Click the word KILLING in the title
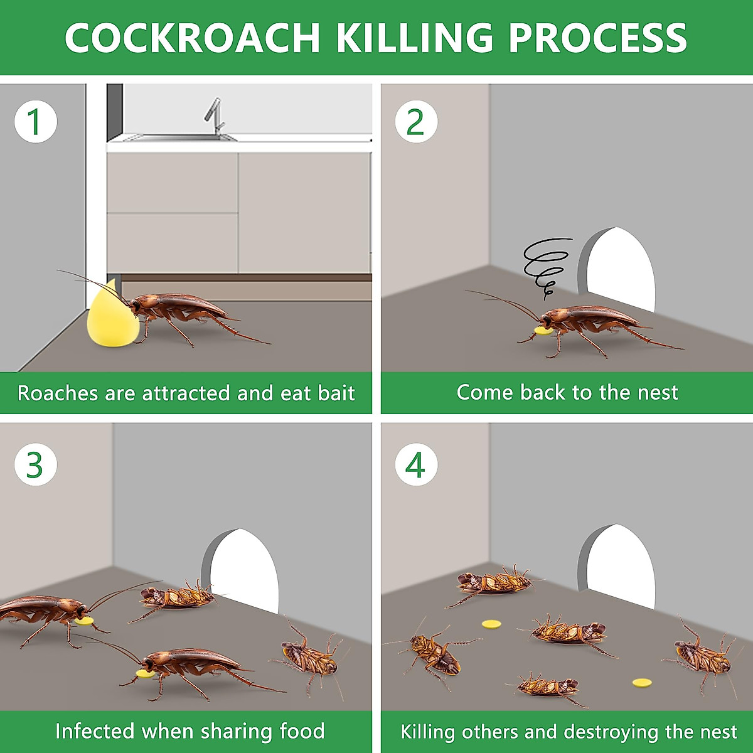(x=414, y=38)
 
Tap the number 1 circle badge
(x=36, y=121)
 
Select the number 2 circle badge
(x=416, y=121)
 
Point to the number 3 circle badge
(x=36, y=464)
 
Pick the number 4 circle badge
(x=416, y=464)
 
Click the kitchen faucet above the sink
(x=215, y=116)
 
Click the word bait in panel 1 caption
(x=336, y=393)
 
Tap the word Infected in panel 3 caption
(x=94, y=731)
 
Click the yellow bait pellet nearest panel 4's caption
(x=641, y=683)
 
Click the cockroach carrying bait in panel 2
(x=590, y=323)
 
